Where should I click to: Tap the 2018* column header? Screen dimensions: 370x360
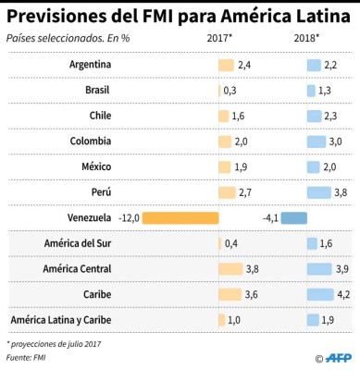[x=306, y=39]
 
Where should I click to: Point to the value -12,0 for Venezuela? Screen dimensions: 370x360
[x=129, y=218]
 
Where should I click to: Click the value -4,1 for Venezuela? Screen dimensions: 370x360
[x=270, y=218]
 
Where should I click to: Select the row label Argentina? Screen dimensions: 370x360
[x=91, y=65]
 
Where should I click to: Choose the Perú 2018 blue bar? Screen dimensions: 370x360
[x=317, y=192]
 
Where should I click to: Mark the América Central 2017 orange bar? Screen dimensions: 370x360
[x=230, y=269]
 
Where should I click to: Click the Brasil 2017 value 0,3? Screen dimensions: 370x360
[x=230, y=91]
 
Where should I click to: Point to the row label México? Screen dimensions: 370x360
[x=96, y=166]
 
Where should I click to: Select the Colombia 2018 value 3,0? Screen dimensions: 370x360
[x=337, y=142]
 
